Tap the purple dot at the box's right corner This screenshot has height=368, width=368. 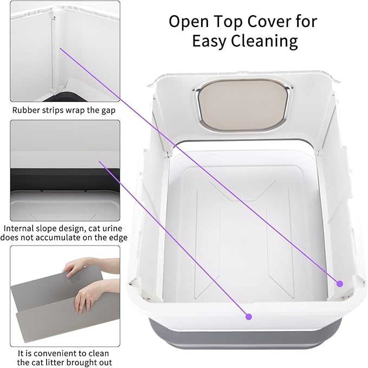(340, 283)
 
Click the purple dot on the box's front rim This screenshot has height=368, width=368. (249, 317)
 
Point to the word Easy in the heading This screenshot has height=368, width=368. (210, 42)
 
